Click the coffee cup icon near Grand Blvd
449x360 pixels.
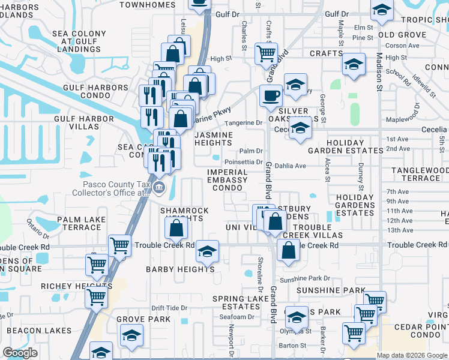[x=271, y=95]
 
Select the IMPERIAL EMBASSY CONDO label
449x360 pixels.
[x=227, y=180]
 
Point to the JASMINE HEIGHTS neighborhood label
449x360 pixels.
[x=214, y=139]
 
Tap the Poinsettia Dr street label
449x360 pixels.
[x=243, y=162]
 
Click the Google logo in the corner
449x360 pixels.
[x=20, y=353]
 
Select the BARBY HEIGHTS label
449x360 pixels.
[x=180, y=269]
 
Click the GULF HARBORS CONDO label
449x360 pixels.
[x=91, y=92]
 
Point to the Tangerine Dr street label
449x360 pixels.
[x=244, y=123]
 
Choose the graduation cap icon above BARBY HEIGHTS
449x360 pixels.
[x=207, y=251]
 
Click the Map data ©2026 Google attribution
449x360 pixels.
[x=412, y=355]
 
